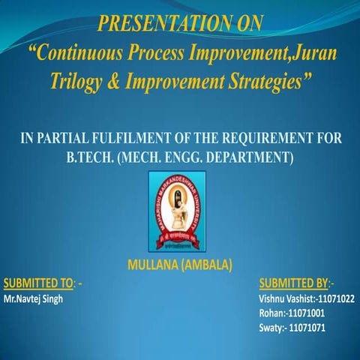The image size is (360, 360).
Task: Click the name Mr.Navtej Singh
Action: [x=34, y=298]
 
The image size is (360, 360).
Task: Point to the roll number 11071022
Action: [x=335, y=298]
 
